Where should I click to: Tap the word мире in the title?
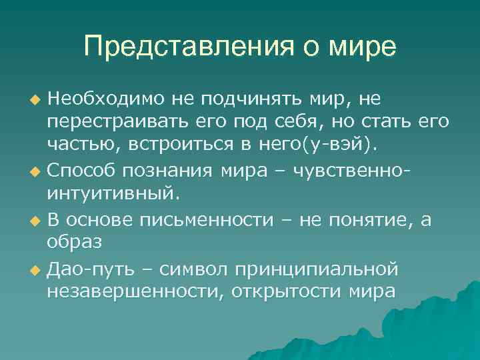361,47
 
